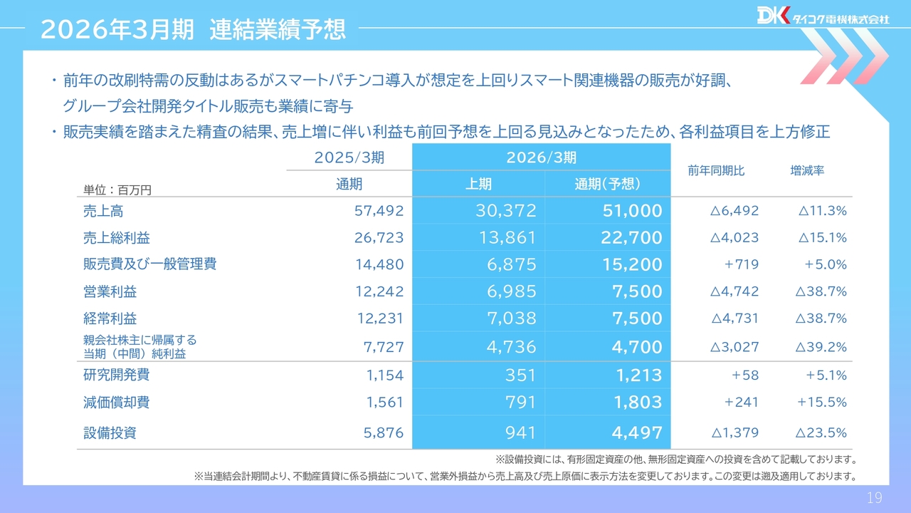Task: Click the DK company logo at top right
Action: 822,16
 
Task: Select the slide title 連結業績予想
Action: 278,29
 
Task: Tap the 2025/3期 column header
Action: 349,157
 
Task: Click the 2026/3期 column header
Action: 541,157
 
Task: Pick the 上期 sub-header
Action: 478,184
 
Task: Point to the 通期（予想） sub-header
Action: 607,184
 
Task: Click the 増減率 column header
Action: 807,171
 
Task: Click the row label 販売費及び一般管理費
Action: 149,264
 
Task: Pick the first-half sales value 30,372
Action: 505,211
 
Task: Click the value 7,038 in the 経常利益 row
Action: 511,318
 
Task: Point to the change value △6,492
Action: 734,211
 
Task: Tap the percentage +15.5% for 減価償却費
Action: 822,403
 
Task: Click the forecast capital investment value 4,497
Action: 638,433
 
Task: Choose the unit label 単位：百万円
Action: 117,190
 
